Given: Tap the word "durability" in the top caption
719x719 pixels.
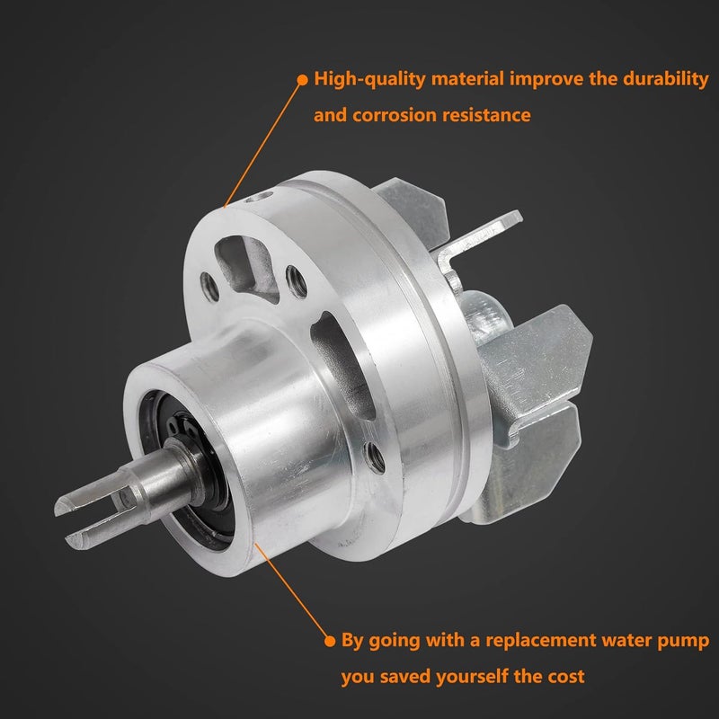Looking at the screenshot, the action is click(x=665, y=79).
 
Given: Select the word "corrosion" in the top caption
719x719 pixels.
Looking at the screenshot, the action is click(x=394, y=115).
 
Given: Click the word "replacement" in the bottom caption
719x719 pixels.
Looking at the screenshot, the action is click(x=540, y=640).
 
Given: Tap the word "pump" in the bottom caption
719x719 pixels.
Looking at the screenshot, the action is click(x=683, y=641).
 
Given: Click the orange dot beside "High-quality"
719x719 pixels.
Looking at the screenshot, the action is click(x=303, y=80).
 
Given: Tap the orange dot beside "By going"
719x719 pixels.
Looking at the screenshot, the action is click(x=330, y=641).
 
